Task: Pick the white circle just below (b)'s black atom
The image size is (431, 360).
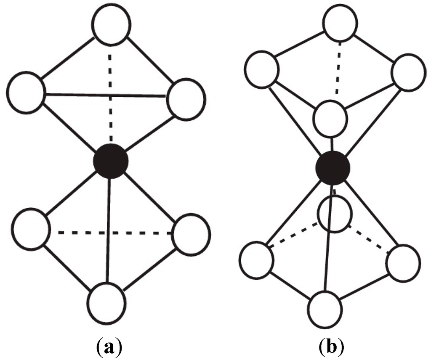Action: [x=334, y=214]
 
